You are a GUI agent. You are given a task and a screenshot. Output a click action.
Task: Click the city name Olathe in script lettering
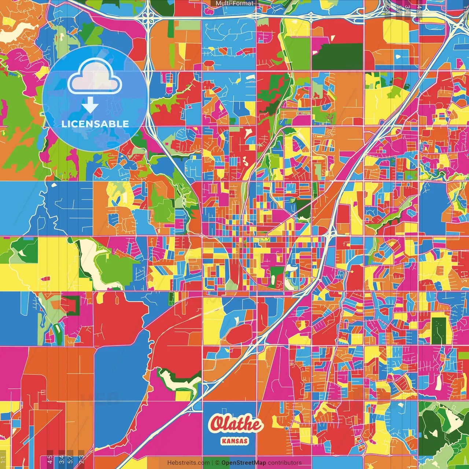[236, 424]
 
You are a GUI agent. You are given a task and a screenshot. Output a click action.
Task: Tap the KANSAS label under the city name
[235, 441]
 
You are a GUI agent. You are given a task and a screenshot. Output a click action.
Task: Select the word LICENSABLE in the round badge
[95, 124]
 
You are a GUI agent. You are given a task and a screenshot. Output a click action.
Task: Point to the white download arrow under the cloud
[90, 105]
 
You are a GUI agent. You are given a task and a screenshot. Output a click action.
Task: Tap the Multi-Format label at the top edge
[234, 3]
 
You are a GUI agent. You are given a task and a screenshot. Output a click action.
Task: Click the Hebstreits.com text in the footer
[188, 463]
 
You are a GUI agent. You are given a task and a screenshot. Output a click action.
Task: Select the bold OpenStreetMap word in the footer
[244, 463]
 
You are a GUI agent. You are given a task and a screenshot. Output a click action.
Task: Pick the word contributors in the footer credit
[285, 463]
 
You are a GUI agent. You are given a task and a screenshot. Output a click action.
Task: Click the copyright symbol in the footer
[217, 463]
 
